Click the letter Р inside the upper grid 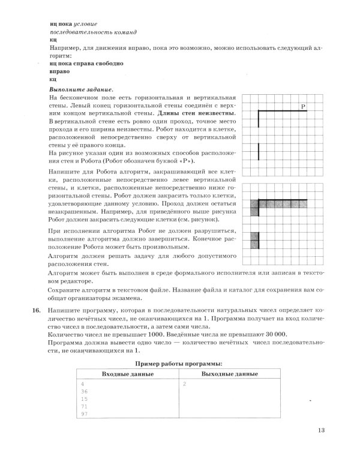(x=303, y=106)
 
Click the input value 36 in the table (x=83, y=391)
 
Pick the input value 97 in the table (x=83, y=414)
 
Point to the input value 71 (x=83, y=406)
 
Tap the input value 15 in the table (x=83, y=398)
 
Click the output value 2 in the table (x=185, y=383)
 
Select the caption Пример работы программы (x=179, y=364)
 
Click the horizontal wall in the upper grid (x=282, y=111)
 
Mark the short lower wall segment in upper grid (x=259, y=151)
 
